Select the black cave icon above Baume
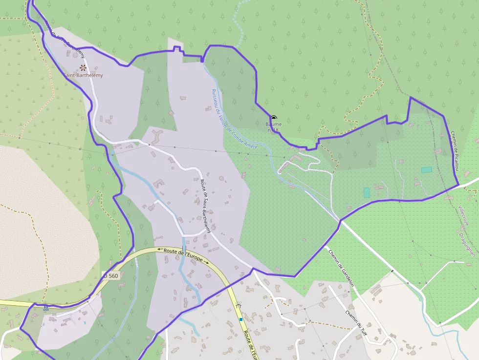(x=274, y=118)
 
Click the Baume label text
(x=274, y=124)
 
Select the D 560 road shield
(x=111, y=275)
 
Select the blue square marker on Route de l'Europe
(x=241, y=319)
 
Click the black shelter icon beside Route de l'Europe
(x=239, y=305)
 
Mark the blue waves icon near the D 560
(x=46, y=308)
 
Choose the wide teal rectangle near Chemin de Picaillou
(x=427, y=169)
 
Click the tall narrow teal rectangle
(x=367, y=192)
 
